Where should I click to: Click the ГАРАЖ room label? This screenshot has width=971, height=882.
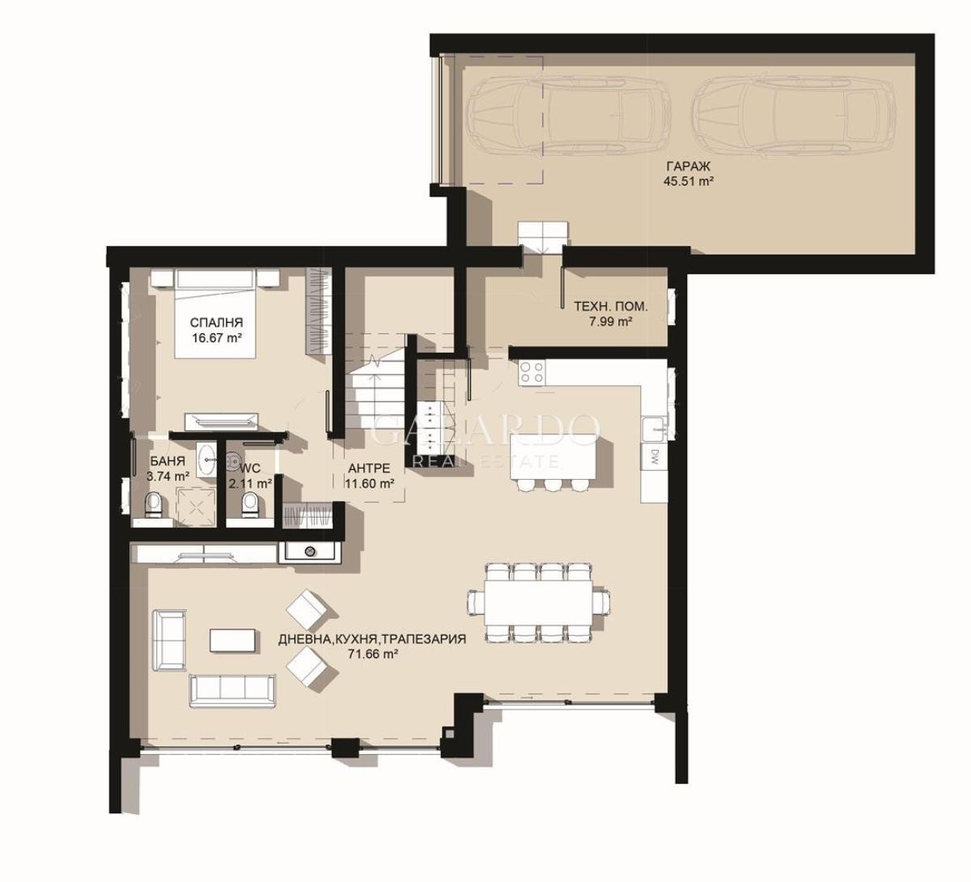coord(689,167)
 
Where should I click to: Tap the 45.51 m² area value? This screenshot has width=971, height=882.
coord(689,181)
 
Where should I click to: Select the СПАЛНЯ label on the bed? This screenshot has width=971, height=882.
coord(216,322)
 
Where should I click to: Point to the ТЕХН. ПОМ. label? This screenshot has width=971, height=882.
coord(611,306)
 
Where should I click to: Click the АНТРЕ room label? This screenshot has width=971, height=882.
coord(369,469)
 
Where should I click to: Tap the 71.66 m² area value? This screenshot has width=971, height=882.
coord(373,655)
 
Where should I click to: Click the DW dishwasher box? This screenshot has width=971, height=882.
coord(654,456)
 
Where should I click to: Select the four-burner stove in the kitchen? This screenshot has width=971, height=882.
coord(532,372)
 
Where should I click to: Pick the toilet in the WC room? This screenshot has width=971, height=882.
coord(250,506)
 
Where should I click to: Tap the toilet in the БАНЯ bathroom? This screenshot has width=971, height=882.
coord(154,505)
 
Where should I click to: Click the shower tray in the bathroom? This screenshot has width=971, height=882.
coord(196,507)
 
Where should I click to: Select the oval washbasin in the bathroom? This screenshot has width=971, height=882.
coord(209,457)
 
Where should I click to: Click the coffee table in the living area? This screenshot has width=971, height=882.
coord(232,640)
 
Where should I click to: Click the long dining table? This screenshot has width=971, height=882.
coord(539,603)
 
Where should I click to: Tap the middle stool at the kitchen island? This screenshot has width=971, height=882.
coord(553,485)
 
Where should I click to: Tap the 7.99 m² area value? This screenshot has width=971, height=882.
coord(611,321)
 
